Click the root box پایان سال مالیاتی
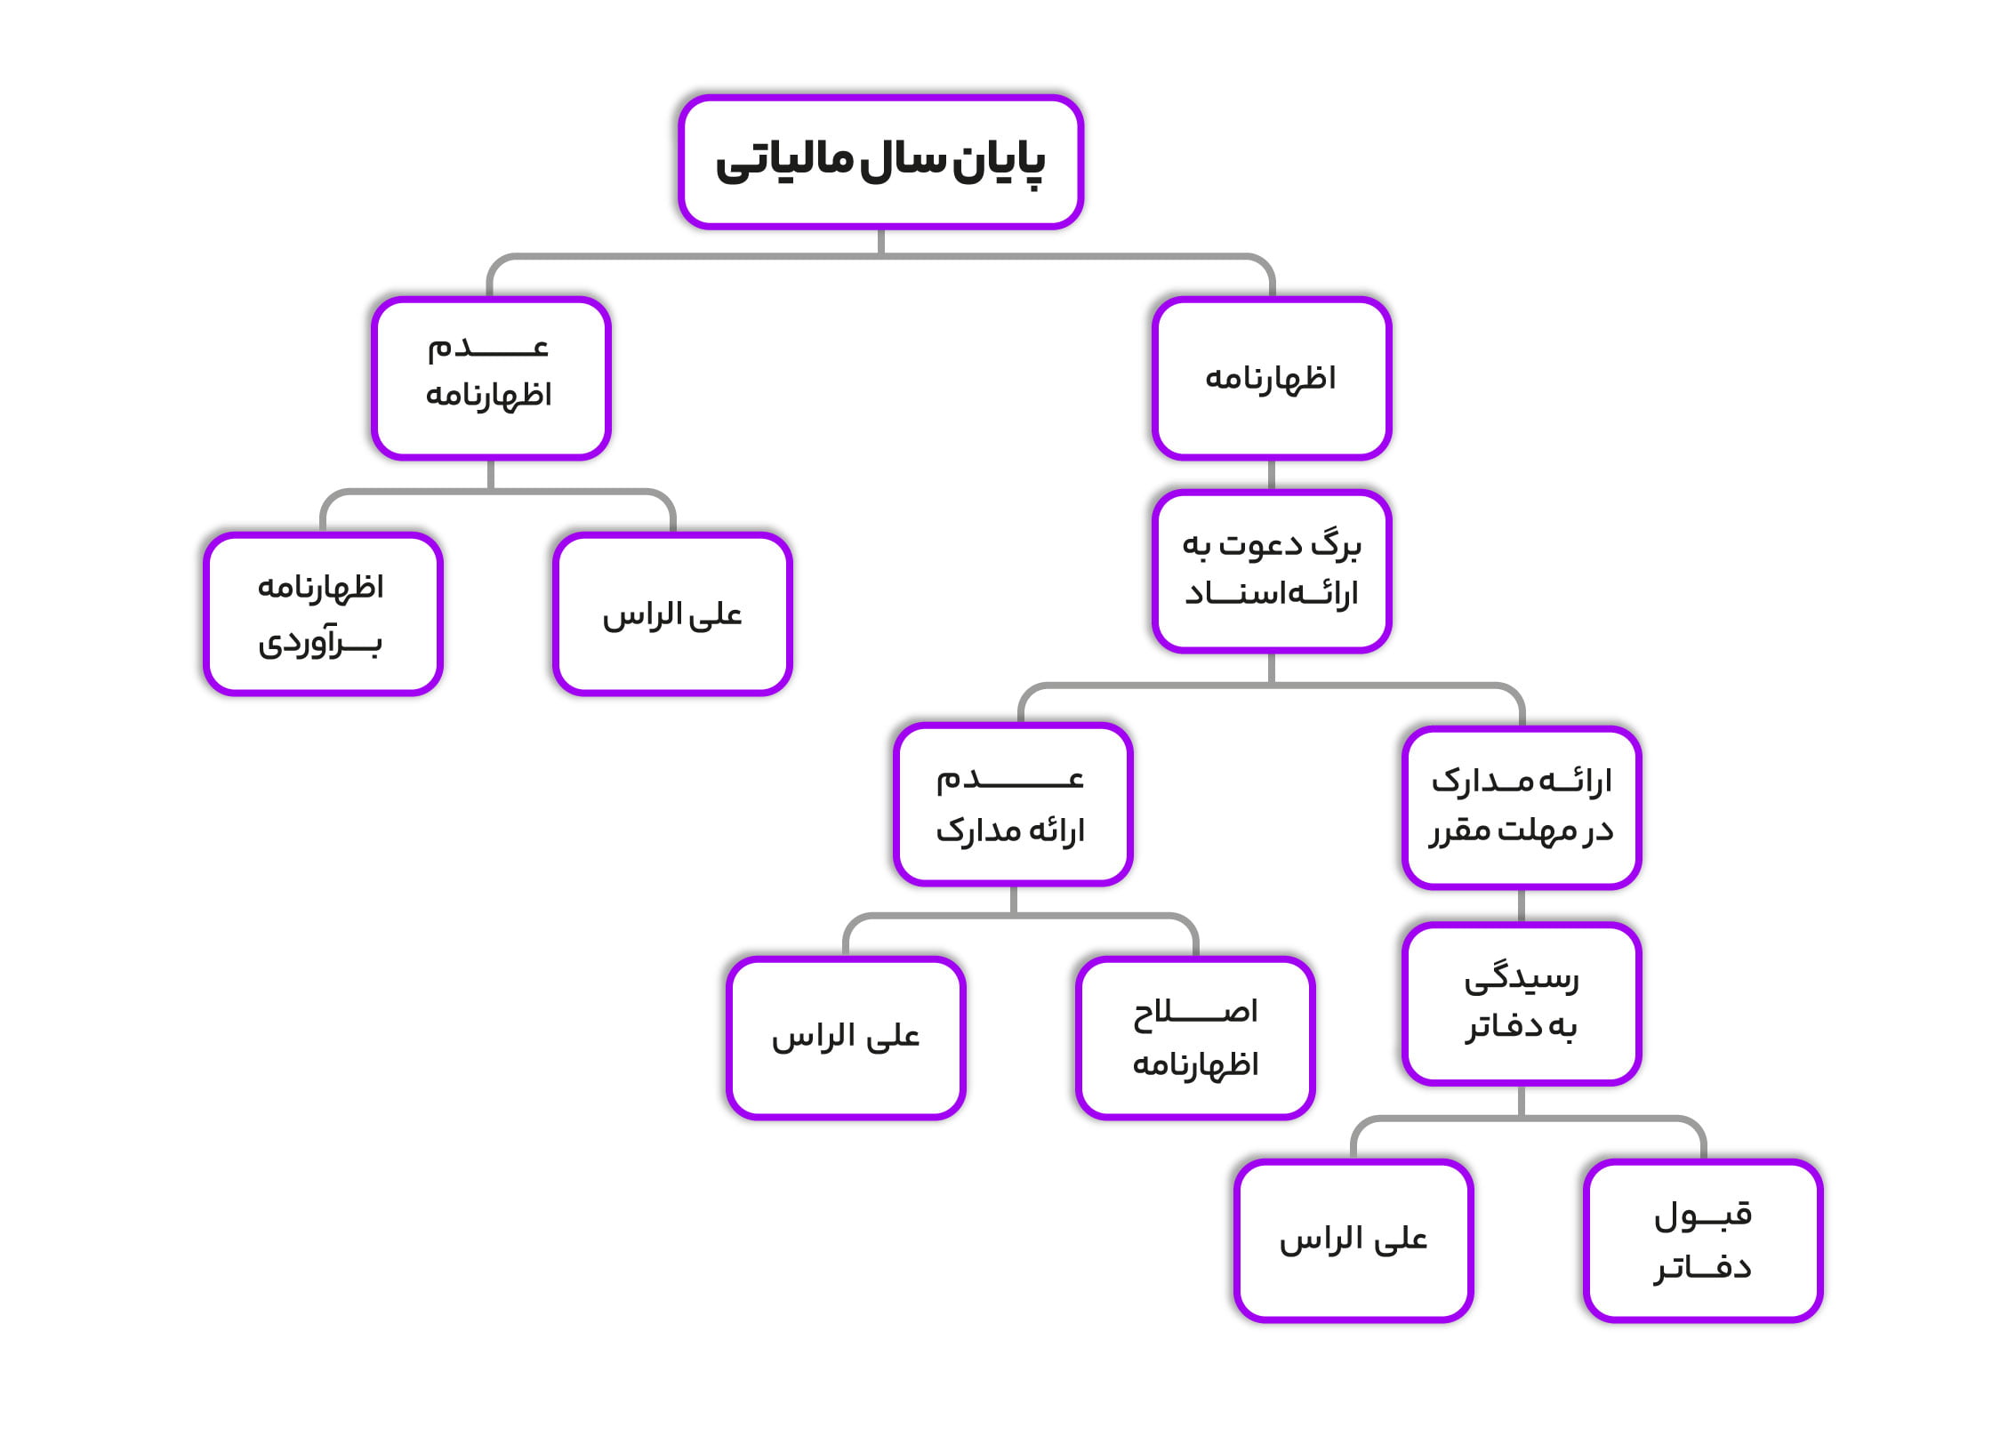[880, 162]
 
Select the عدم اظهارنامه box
[491, 378]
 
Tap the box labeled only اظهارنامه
[1272, 378]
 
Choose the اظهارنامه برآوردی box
[323, 614]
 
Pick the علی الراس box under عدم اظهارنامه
[672, 614]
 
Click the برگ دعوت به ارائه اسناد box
[1272, 571]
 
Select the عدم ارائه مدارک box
[1013, 804]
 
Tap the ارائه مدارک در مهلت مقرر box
[1522, 807]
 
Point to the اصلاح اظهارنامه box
[1195, 1038]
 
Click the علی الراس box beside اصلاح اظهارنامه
[846, 1038]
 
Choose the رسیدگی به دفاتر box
[1522, 1004]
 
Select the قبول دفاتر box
[1703, 1240]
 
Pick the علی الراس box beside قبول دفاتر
[1353, 1240]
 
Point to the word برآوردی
[320, 642]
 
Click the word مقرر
[1460, 831]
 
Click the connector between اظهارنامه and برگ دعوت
[1272, 475]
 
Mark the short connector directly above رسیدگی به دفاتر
[1522, 906]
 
